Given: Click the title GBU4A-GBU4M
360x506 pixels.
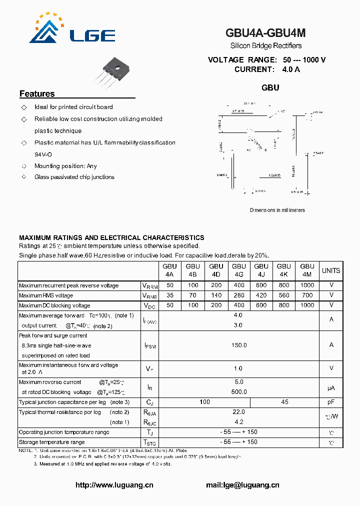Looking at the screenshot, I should point(265,33).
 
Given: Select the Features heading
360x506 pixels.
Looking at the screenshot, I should point(37,94).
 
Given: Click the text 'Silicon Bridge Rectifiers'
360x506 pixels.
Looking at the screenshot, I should point(265,46).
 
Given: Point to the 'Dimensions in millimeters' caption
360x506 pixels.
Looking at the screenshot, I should point(277,210).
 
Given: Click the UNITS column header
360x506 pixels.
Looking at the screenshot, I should point(330,270).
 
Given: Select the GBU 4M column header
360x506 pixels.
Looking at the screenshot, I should point(307,270).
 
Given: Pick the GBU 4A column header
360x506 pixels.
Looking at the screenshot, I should point(169,270).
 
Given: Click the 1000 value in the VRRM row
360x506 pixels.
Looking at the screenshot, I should point(307,285).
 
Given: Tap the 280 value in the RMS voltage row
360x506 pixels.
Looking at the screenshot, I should point(239,295).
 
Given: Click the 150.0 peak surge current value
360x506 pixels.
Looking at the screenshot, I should point(238,345).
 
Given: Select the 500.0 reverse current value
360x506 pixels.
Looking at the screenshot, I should point(238,392).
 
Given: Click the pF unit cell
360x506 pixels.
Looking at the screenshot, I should point(330,402).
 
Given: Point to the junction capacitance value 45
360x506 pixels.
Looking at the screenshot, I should point(284,402).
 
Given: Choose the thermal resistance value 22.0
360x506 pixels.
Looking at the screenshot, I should point(238,412).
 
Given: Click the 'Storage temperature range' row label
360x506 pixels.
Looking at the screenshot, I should point(52,442).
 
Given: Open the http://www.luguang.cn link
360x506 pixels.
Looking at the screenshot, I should point(114,485).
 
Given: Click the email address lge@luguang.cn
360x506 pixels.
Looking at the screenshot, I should point(242,485).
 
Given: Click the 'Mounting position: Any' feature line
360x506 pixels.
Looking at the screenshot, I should point(65,166).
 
